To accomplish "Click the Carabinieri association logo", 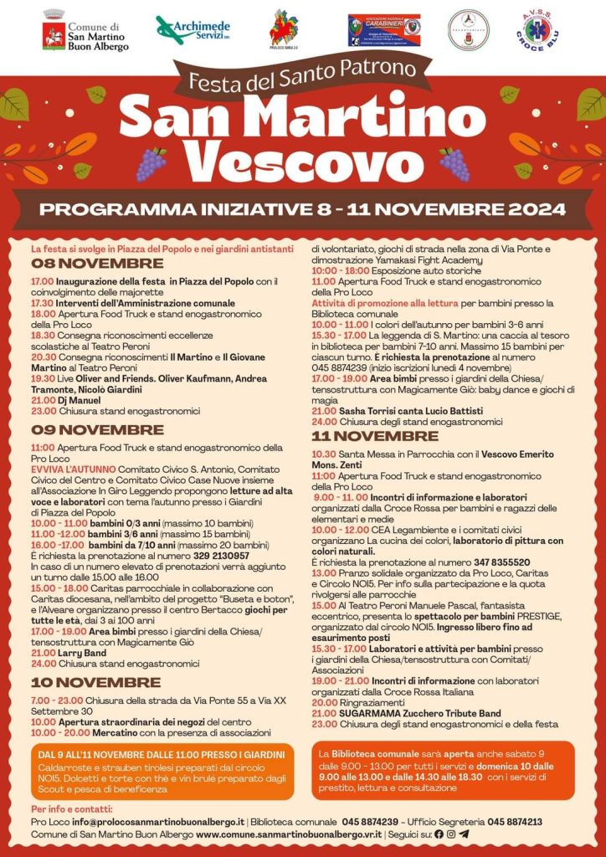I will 384,30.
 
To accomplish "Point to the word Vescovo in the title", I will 302,158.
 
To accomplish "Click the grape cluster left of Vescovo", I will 151,163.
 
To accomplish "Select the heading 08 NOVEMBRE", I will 85,264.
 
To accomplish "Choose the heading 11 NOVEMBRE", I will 375,436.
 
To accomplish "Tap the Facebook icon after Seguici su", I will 439,834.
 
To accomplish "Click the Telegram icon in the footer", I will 465,834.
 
